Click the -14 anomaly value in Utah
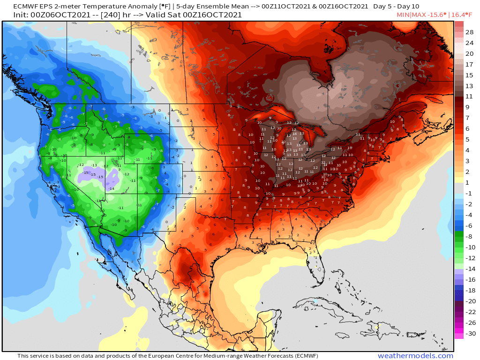tap(112, 188)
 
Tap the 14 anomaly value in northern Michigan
tap(295, 134)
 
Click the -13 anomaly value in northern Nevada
tap(95, 165)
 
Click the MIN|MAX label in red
tap(410, 15)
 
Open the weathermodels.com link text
tap(415, 356)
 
